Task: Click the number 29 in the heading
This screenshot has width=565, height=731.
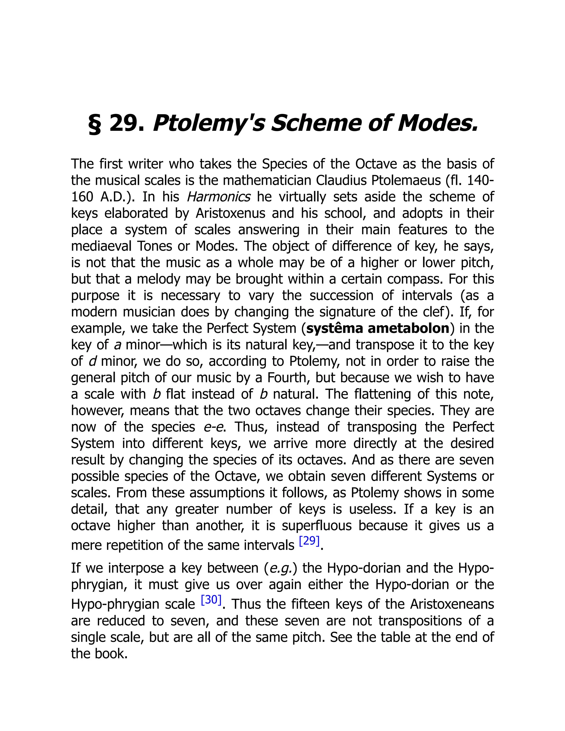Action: pyautogui.click(x=127, y=124)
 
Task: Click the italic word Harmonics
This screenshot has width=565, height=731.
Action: pyautogui.click(x=218, y=197)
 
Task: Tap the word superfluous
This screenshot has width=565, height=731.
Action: pyautogui.click(x=317, y=525)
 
